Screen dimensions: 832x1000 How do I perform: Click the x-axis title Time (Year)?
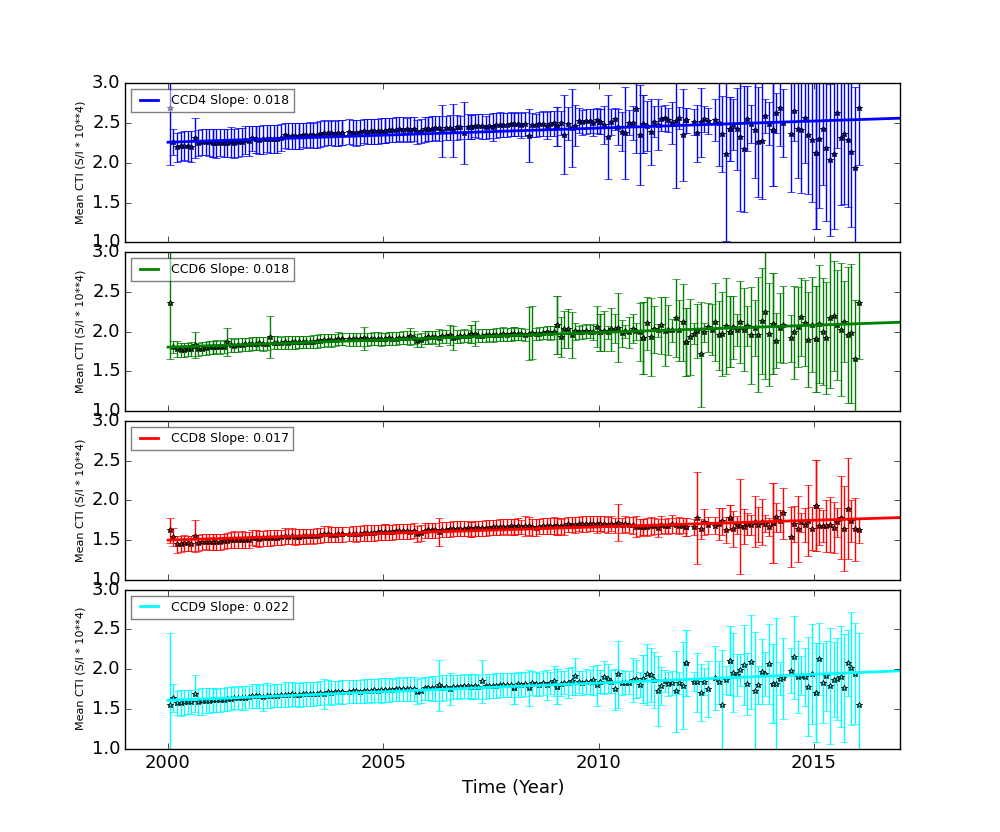point(513,788)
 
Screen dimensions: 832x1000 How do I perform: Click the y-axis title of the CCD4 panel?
point(80,162)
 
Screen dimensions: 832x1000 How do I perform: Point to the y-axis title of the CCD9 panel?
point(80,669)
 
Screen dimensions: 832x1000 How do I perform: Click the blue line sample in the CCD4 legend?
point(149,100)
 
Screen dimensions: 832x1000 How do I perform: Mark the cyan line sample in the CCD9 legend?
point(149,607)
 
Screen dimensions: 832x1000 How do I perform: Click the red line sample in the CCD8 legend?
point(149,438)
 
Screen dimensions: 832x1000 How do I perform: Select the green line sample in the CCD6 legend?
point(149,269)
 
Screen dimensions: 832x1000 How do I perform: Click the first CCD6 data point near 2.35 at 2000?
point(170,303)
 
